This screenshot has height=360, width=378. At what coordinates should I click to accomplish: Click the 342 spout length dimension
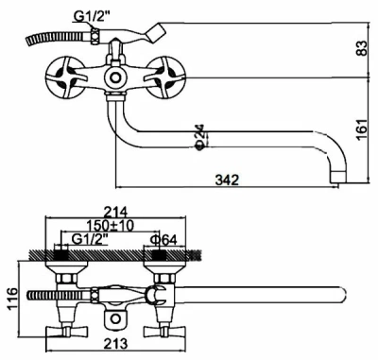(227, 180)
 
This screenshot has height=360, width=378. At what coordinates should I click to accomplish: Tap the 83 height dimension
(363, 48)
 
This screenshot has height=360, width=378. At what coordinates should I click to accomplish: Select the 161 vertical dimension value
(363, 129)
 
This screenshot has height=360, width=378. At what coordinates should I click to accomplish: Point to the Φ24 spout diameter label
(201, 137)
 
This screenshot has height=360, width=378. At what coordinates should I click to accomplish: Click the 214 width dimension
(115, 212)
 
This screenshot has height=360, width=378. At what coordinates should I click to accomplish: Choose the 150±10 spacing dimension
(111, 226)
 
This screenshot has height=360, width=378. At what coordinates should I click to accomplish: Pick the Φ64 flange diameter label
(163, 240)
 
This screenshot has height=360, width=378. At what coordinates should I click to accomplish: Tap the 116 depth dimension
(12, 299)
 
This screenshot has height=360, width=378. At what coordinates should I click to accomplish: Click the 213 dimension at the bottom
(116, 343)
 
